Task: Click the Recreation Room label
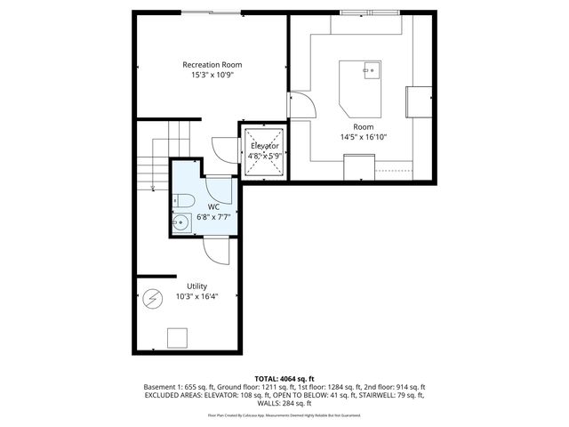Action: (x=212, y=65)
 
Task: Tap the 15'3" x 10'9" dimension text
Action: (x=212, y=76)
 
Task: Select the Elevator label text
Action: (x=265, y=146)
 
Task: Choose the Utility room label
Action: (x=196, y=286)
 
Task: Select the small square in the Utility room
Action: (x=178, y=337)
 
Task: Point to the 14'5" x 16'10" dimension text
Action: (x=364, y=137)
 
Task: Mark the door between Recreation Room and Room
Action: (x=302, y=106)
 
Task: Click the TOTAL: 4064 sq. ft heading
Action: (x=284, y=378)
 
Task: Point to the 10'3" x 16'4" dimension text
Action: (x=196, y=296)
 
